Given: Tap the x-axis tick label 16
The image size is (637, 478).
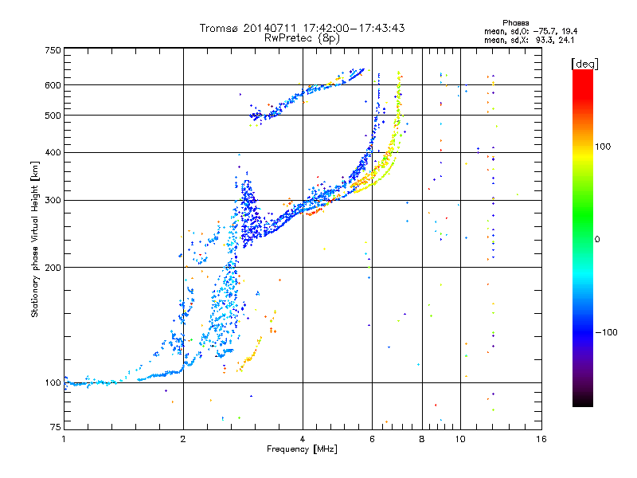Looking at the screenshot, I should (541, 438).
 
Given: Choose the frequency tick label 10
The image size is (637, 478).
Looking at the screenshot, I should (460, 438).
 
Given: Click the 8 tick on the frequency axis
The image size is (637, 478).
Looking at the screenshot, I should (421, 438).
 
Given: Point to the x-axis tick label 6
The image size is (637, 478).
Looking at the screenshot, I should (372, 438).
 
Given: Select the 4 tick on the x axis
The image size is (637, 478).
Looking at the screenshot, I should (303, 438).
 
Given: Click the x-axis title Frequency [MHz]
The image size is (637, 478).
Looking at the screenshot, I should (302, 449).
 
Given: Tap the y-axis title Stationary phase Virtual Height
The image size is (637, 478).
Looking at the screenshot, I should (35, 239).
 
